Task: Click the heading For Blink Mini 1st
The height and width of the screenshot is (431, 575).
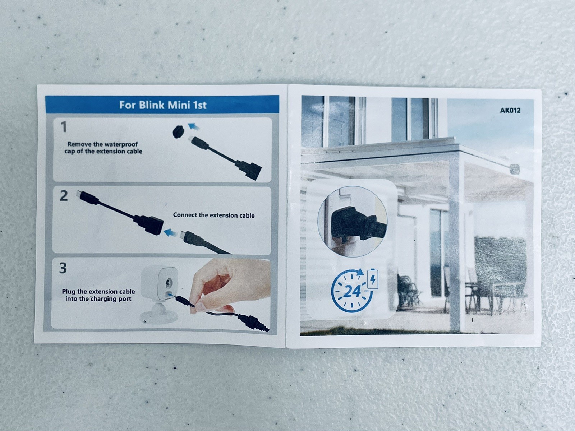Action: tap(163, 105)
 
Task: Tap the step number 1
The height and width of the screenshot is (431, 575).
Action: tap(63, 127)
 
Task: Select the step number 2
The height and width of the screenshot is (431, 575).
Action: tap(64, 196)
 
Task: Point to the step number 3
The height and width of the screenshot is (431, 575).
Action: tap(63, 268)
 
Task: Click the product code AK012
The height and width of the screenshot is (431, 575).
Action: tap(510, 110)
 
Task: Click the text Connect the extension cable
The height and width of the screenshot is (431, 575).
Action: tap(214, 215)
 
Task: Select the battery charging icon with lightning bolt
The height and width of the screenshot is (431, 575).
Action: tap(373, 279)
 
